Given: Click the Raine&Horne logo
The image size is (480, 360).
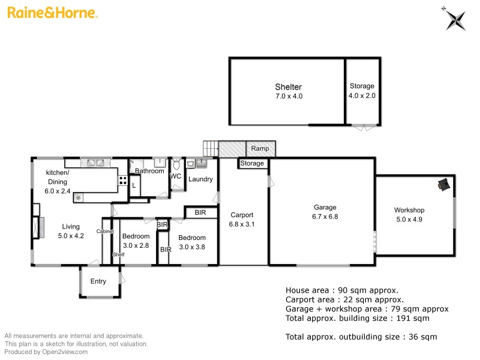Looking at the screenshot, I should (52, 12).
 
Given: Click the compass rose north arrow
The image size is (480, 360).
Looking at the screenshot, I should (455, 18).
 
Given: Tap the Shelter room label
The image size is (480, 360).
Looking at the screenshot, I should (288, 87).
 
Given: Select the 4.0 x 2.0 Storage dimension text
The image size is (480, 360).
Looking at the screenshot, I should (362, 95).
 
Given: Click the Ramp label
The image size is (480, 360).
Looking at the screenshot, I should (260, 148).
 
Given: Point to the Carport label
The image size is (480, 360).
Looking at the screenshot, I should (242, 215).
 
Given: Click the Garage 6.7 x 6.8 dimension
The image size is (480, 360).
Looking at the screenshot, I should (325, 217).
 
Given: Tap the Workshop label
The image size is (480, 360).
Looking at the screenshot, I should (409, 210).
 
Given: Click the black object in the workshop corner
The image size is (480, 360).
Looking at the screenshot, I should (444, 185).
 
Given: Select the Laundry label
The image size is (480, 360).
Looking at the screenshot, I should (200, 179).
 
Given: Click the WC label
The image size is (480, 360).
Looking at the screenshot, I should (176, 176).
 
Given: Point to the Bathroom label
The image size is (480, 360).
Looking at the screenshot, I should (149, 171).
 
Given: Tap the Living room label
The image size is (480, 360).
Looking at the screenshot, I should (71, 226).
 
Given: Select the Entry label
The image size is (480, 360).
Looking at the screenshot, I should (98, 281).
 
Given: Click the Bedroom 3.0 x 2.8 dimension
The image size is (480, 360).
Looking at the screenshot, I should (136, 245).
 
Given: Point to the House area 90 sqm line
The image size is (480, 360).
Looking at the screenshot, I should (341, 290).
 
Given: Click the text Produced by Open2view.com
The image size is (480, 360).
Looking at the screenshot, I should (46, 352).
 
